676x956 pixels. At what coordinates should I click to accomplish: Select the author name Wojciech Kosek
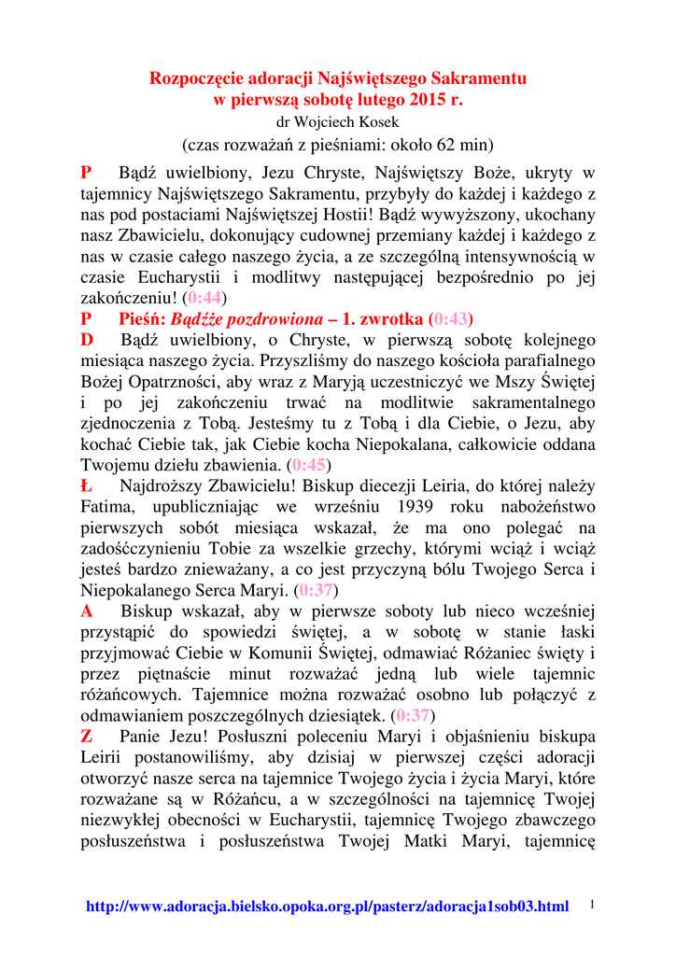click(348, 121)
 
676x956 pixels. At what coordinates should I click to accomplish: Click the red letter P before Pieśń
click(86, 318)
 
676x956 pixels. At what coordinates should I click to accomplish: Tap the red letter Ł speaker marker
click(86, 485)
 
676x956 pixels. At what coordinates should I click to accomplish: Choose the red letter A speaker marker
click(87, 612)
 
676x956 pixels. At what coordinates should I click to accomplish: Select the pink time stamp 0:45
click(309, 464)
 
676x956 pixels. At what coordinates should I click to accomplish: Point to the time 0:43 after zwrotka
click(453, 318)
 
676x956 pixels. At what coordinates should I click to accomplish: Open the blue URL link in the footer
click(327, 907)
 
